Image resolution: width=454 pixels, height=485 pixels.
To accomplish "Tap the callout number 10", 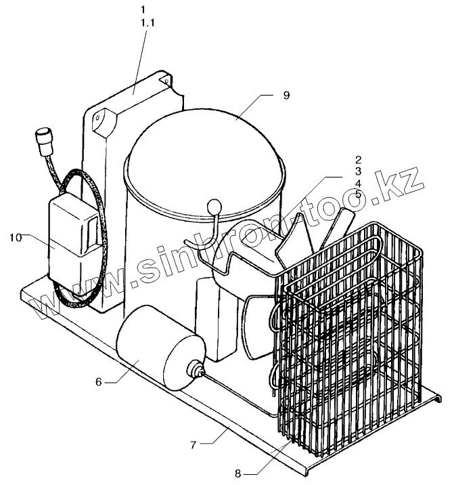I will (16, 237).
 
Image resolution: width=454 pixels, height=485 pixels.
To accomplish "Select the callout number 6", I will (98, 382).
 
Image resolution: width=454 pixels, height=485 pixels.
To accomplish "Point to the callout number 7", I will (193, 445).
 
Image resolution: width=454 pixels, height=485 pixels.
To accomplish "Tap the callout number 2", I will (358, 160).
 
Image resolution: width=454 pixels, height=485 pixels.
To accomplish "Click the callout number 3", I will (358, 171).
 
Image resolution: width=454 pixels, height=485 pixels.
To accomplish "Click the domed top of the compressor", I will (203, 149).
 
